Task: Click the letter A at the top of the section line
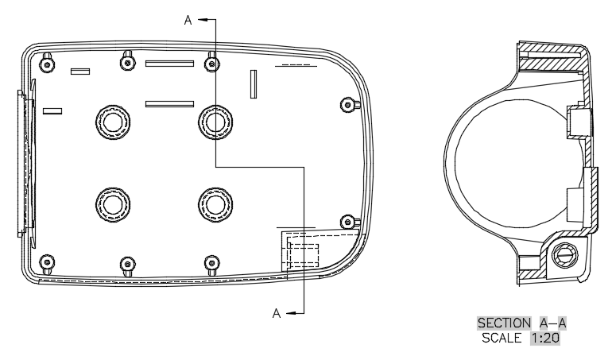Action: pyautogui.click(x=188, y=21)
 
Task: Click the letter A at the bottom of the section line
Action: pyautogui.click(x=277, y=313)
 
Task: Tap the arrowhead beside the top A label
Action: pyautogui.click(x=203, y=19)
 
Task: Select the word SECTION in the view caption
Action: pyautogui.click(x=504, y=323)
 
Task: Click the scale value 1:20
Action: pyautogui.click(x=545, y=338)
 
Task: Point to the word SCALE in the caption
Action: pyautogui.click(x=502, y=338)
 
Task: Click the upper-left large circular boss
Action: pyautogui.click(x=113, y=122)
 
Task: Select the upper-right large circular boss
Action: pyautogui.click(x=215, y=122)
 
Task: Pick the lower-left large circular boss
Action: pyautogui.click(x=113, y=204)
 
